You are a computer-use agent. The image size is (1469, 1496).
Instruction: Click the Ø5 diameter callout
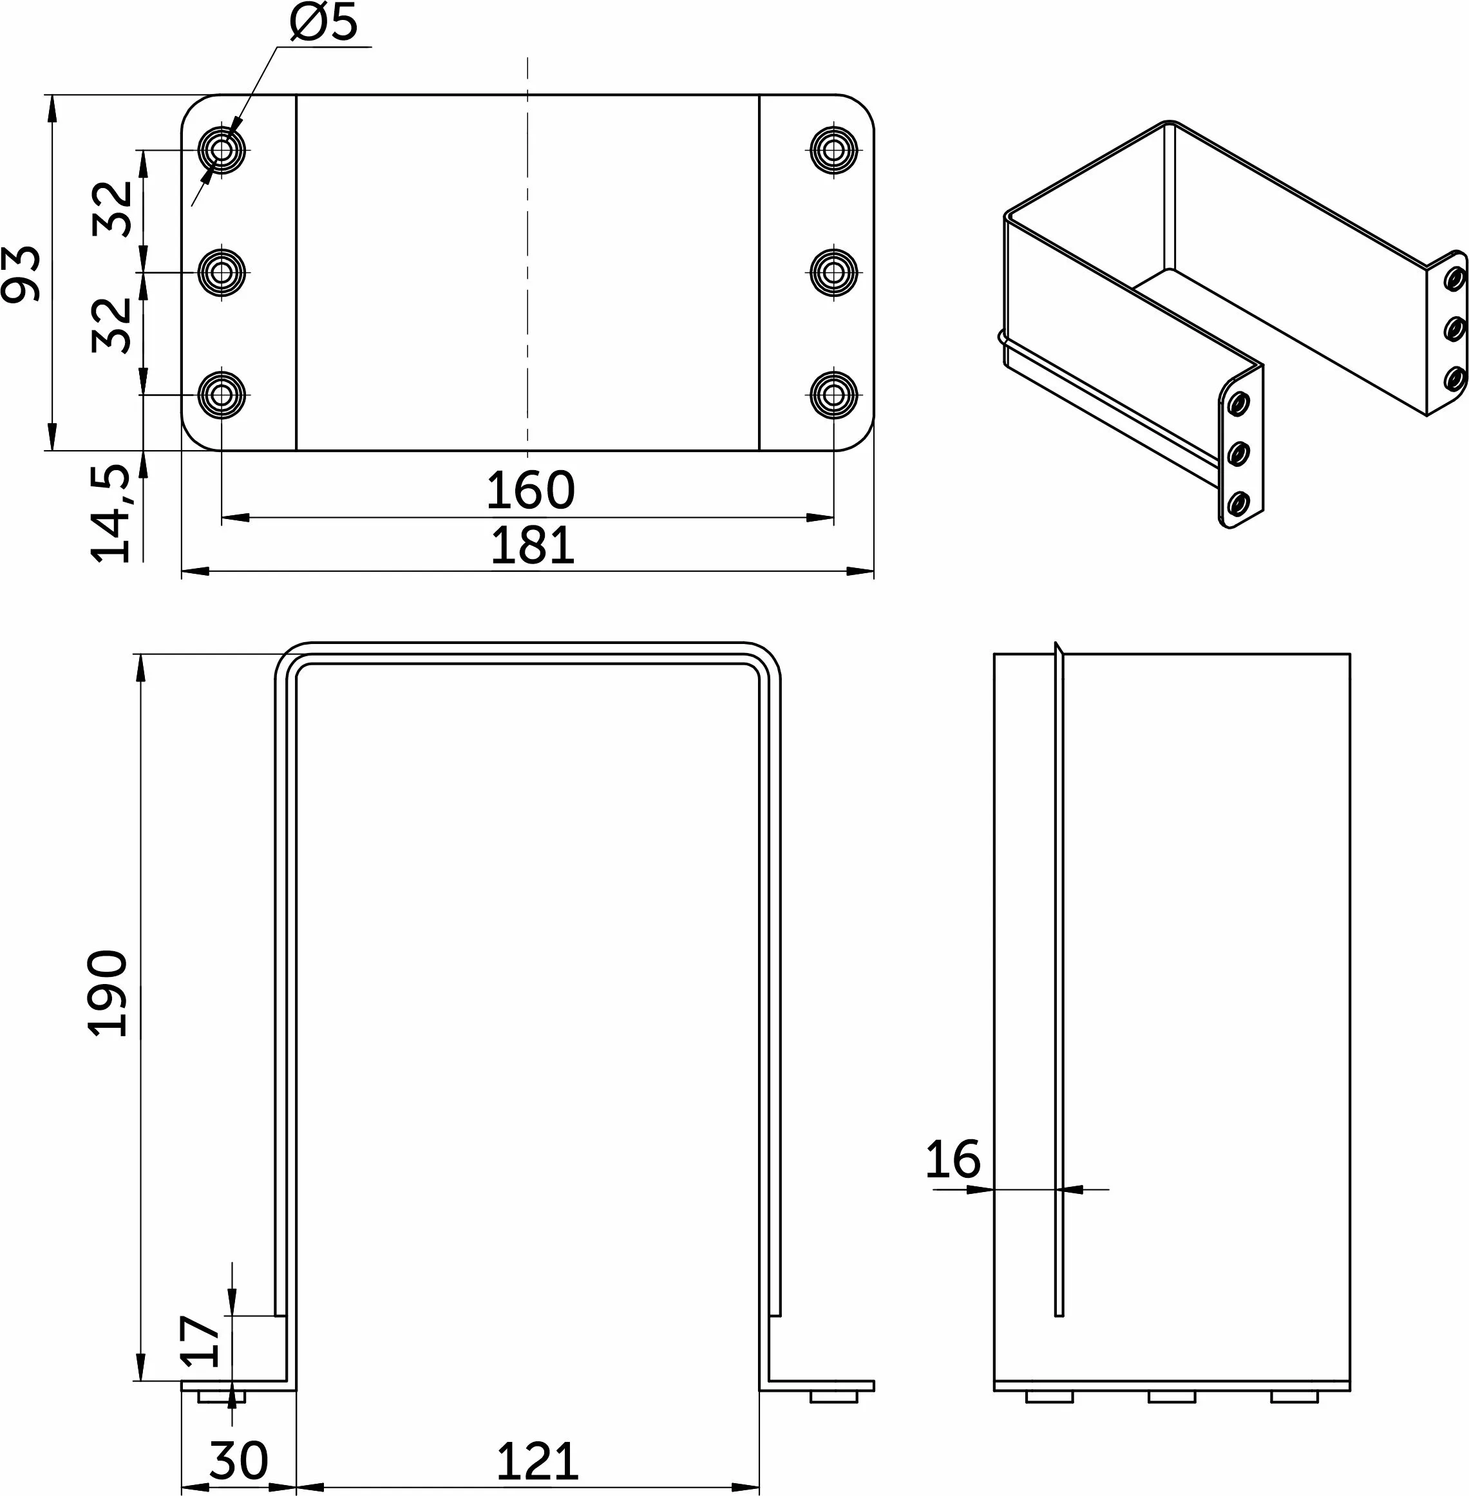(x=324, y=23)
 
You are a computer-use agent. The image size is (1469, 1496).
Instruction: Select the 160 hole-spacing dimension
(x=531, y=490)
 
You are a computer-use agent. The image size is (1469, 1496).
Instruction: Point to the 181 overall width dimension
(x=533, y=545)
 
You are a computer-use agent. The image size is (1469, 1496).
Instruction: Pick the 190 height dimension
(x=108, y=994)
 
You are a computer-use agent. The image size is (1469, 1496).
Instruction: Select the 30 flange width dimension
(x=238, y=1460)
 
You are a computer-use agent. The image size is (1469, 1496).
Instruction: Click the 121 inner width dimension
(x=537, y=1461)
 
